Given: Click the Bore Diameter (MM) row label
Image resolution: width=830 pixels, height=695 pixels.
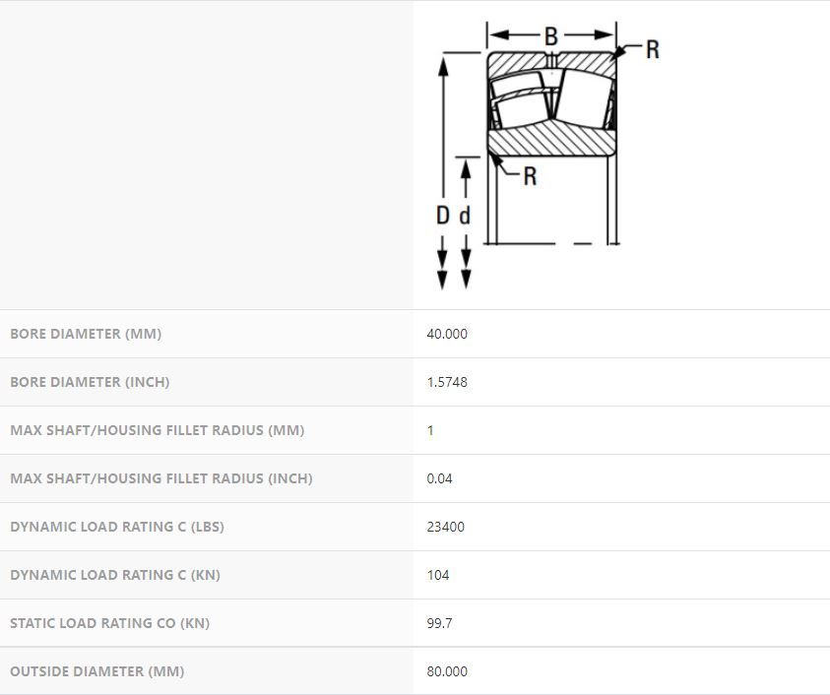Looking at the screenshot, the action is point(86,334).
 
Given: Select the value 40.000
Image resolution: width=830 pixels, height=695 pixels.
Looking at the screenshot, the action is point(447,334).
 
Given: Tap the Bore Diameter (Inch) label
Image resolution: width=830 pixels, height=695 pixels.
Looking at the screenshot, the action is point(90,382).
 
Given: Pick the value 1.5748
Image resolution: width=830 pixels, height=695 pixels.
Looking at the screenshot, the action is point(447,382).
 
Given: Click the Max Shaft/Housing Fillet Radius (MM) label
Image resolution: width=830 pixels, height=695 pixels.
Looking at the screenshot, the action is point(158,430).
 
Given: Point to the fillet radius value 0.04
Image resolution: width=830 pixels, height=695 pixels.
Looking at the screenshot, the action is point(439,478).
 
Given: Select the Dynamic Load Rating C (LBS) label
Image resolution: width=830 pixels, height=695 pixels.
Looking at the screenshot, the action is point(117,527).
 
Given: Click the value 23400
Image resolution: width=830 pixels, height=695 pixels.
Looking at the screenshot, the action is point(445,527).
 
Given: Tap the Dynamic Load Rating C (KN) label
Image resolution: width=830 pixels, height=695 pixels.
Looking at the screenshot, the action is point(115,575).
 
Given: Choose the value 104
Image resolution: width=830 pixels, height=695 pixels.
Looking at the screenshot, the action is point(438,575).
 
